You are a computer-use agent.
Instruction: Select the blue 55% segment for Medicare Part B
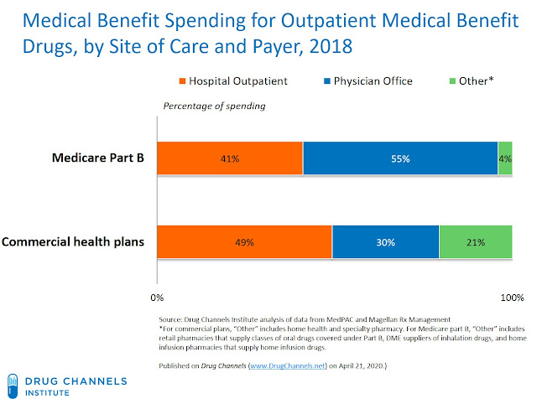tap(400, 158)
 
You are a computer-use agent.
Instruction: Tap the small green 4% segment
tap(505, 158)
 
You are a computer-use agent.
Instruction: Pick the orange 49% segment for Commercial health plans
tap(243, 242)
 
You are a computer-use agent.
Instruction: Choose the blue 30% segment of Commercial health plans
tap(385, 242)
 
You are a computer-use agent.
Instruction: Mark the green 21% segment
tap(476, 242)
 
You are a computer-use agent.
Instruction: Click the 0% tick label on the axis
tap(155, 298)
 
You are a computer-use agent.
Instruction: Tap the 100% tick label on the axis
tap(512, 298)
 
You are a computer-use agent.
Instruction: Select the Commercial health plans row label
tap(75, 242)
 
